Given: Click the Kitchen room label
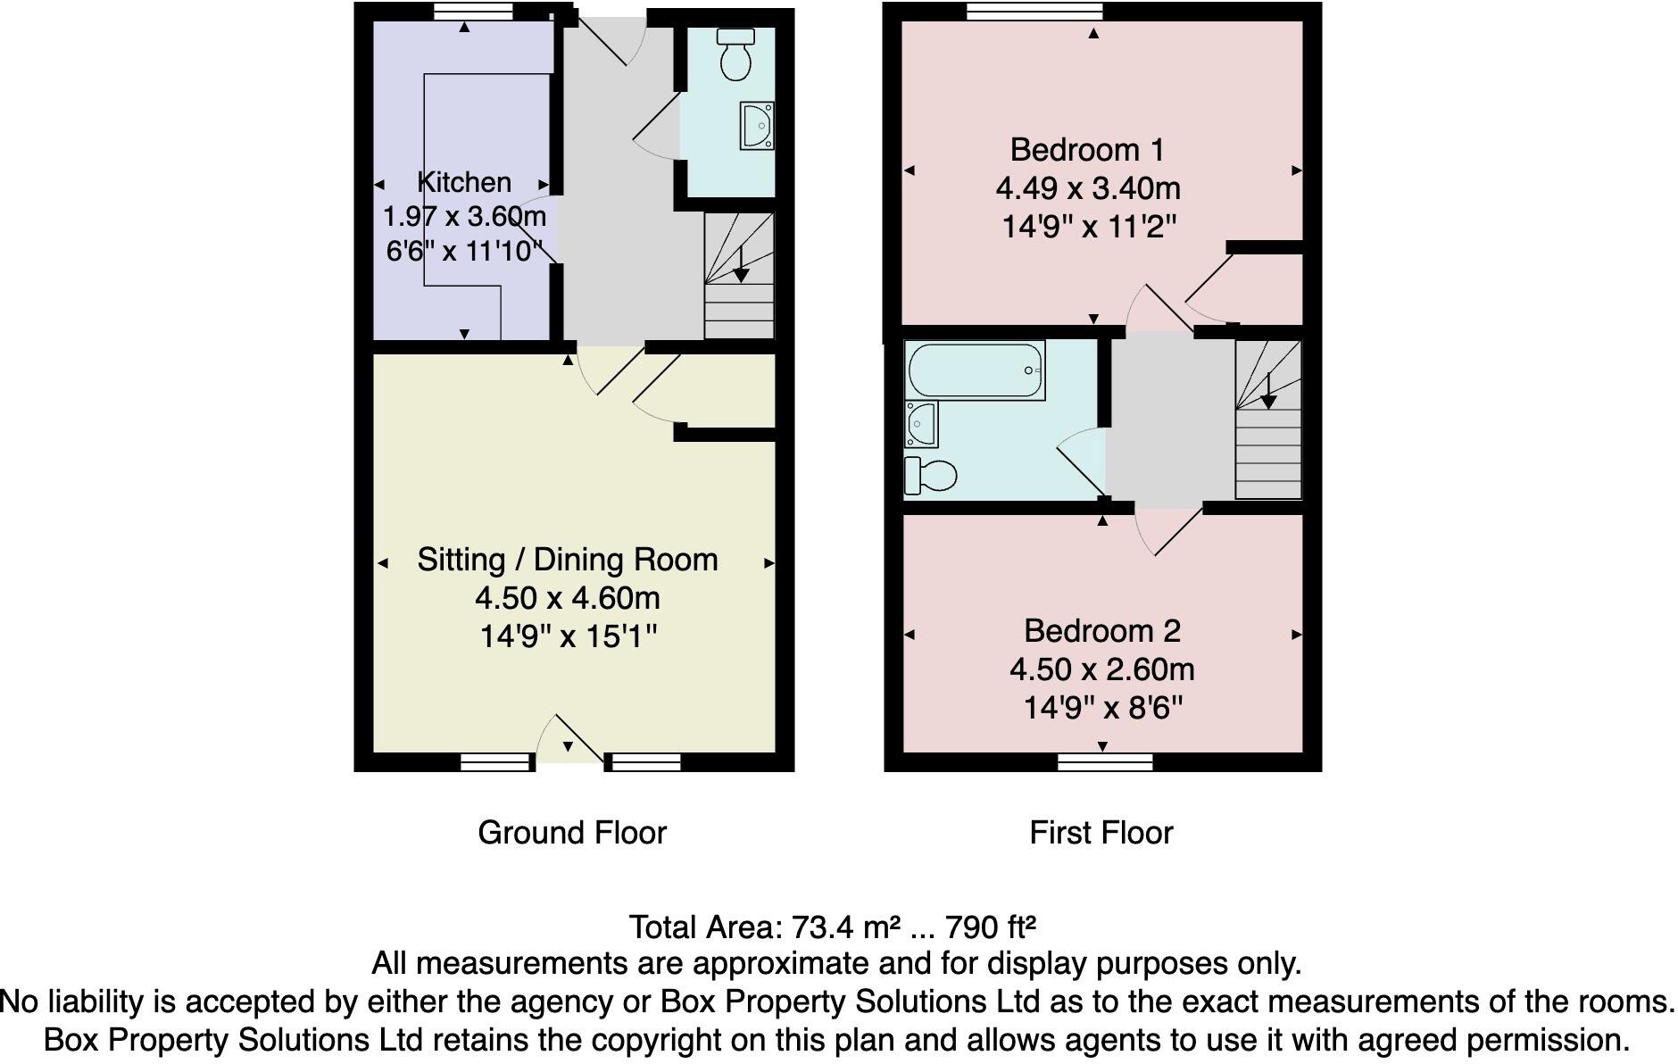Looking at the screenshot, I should click(x=464, y=182).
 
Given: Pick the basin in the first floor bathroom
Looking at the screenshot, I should click(x=921, y=424).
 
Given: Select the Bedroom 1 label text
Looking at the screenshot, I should click(x=1086, y=149).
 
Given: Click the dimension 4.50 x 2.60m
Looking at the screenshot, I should click(x=1101, y=669).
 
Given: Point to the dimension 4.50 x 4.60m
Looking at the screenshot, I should click(x=568, y=598).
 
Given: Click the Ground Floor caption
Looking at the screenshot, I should click(x=572, y=833).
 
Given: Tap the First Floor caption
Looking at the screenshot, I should click(x=1101, y=833).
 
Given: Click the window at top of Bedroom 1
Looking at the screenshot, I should click(x=1034, y=12).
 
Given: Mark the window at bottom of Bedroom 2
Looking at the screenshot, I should click(x=1105, y=761).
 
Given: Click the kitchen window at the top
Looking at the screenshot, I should click(x=474, y=12).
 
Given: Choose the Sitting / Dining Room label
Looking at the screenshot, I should click(x=568, y=560).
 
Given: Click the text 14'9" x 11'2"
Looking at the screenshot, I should click(x=1088, y=227).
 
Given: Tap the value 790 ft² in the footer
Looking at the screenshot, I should click(x=990, y=927).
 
